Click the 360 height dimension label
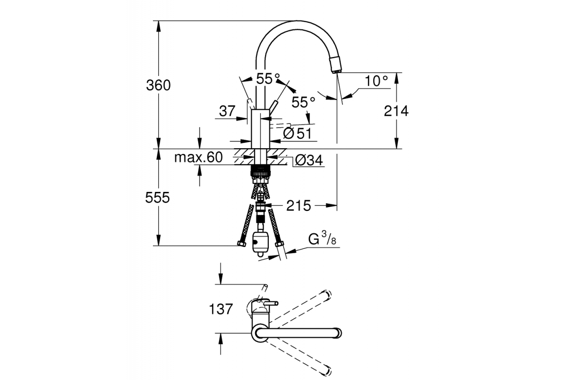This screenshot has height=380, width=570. (158, 85)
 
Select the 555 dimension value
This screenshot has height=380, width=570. (157, 198)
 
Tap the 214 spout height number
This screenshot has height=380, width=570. (396, 111)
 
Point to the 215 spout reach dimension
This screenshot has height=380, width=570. (298, 206)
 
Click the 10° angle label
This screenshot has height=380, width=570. (376, 81)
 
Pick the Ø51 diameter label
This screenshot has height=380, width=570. (297, 133)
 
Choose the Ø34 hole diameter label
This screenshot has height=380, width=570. (309, 161)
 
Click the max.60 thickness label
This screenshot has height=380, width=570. (199, 157)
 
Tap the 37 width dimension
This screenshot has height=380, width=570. (227, 111)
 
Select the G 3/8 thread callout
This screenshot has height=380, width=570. (322, 239)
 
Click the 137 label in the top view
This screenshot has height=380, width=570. (220, 309)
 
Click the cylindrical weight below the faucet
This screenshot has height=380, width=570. (260, 243)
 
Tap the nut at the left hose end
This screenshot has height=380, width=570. (242, 244)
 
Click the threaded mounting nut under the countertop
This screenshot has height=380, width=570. (260, 171)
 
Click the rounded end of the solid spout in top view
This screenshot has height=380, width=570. (338, 333)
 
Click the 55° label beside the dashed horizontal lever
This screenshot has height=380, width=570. (304, 102)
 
